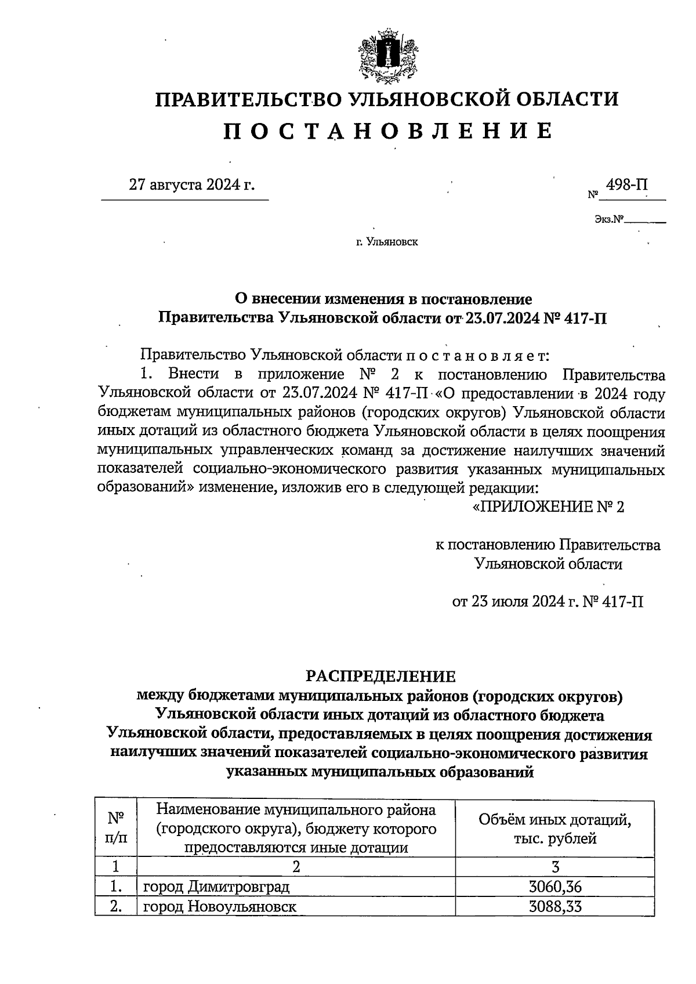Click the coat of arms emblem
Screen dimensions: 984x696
(x=388, y=58)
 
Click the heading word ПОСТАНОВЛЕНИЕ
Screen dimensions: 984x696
(x=388, y=131)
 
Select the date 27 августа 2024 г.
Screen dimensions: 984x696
(x=192, y=185)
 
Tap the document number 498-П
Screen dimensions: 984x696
(x=626, y=185)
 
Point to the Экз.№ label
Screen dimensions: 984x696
(x=608, y=220)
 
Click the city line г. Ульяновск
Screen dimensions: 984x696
(x=387, y=242)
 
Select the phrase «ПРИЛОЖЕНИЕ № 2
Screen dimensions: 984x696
(x=549, y=507)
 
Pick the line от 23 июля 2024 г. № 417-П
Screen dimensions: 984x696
(x=548, y=602)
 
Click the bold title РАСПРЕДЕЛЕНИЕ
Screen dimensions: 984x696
(x=381, y=676)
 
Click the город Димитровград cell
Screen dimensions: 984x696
(x=216, y=887)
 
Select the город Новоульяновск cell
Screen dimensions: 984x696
(x=220, y=906)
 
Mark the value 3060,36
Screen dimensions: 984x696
(x=555, y=887)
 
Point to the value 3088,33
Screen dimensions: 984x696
(x=555, y=906)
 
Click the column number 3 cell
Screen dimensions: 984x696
(x=555, y=867)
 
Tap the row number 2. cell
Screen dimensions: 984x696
(x=117, y=906)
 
